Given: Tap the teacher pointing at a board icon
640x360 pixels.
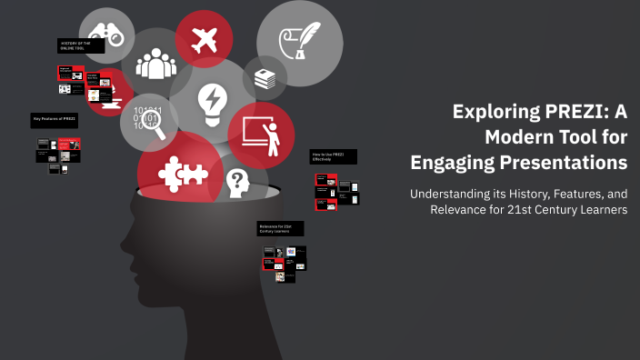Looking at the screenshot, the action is [x=262, y=135].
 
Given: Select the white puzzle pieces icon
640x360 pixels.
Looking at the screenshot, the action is [x=176, y=171].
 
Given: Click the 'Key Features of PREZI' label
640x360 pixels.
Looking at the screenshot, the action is [x=54, y=119].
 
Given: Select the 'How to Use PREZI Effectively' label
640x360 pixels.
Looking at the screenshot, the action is [x=332, y=156].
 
